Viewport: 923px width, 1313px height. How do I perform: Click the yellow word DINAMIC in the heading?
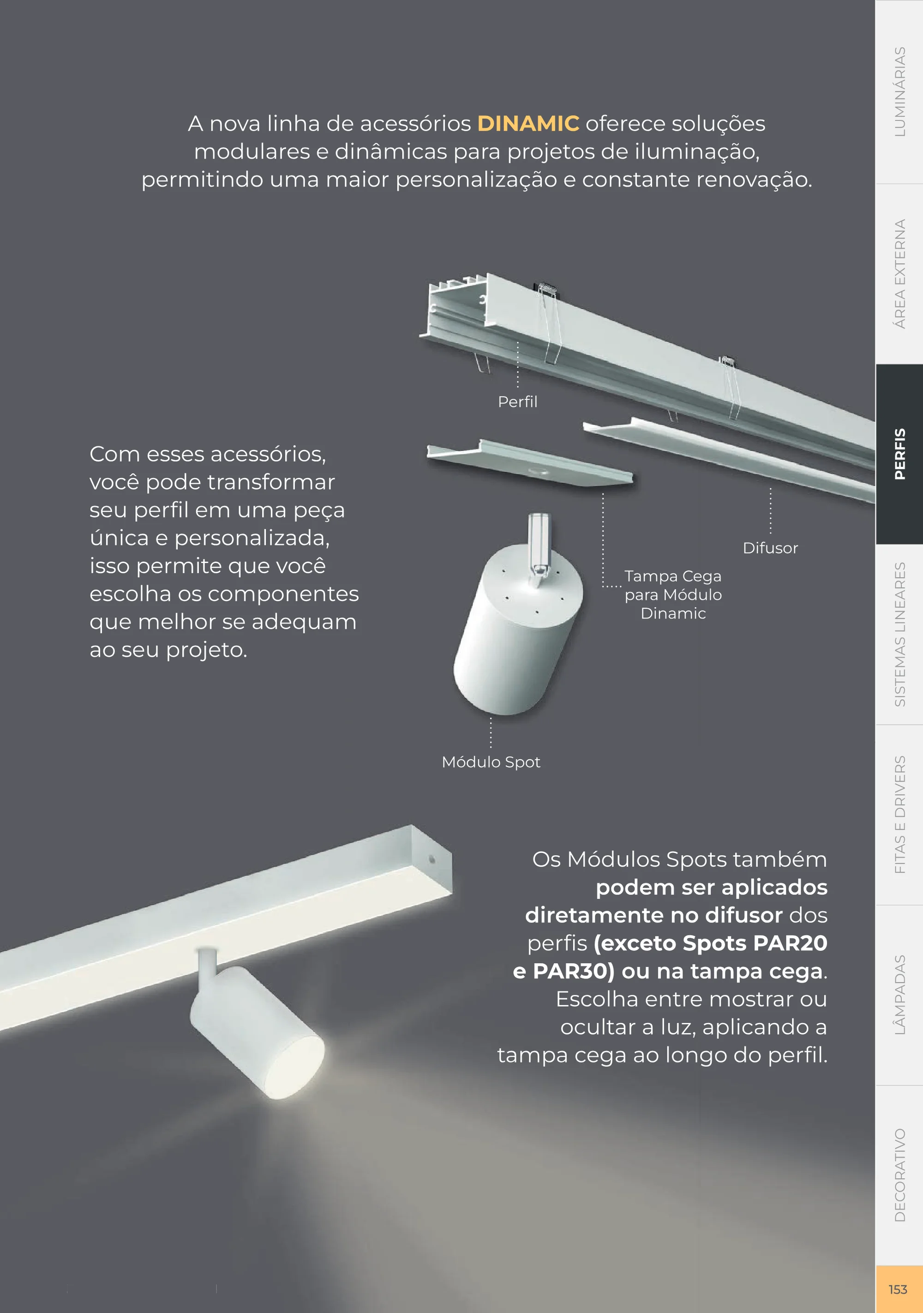528,123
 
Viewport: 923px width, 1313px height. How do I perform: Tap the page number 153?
898,1289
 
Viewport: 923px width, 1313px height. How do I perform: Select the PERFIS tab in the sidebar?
899,454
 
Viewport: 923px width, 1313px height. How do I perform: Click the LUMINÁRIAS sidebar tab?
899,91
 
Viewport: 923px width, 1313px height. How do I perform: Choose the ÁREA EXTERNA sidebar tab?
899,274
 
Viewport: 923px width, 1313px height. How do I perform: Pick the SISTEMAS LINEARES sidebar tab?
899,634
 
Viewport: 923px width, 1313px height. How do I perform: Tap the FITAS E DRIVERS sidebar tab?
899,814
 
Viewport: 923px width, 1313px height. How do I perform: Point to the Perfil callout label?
517,401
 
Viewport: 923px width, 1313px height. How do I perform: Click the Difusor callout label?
770,548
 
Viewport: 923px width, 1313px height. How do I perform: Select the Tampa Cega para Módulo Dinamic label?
673,595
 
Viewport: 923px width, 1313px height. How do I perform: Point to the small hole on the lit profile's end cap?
432,859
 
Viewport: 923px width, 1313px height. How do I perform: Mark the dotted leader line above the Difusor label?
770,510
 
